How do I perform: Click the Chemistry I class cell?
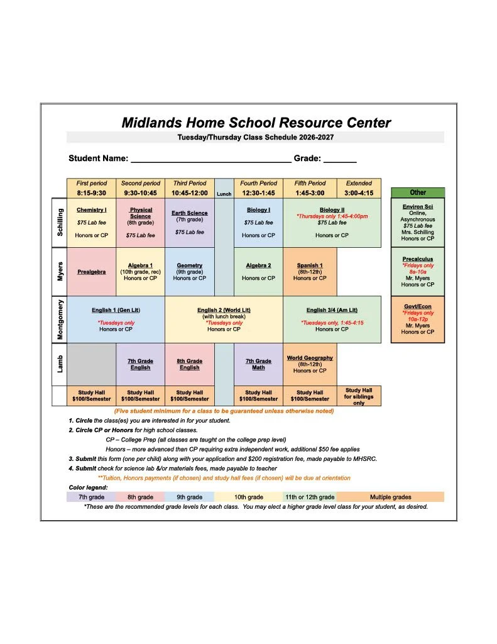pos(91,223)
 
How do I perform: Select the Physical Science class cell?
pos(140,223)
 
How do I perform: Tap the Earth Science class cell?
pos(189,223)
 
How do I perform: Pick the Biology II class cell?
pos(332,223)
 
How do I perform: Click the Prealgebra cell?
pos(91,272)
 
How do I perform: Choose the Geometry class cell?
pos(189,272)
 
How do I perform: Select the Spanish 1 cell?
pos(310,272)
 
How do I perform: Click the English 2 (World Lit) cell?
pos(224,319)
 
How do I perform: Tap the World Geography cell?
pos(310,364)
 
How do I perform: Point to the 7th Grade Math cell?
pos(258,364)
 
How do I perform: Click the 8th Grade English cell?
pos(189,364)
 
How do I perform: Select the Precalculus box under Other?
pos(417,272)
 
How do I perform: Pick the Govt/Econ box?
pos(417,319)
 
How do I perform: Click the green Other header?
pos(417,192)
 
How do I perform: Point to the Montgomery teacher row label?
pos(60,319)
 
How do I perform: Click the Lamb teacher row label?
pos(60,364)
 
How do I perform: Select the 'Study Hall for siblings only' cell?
pos(359,396)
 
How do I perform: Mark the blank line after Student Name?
pos(210,160)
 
